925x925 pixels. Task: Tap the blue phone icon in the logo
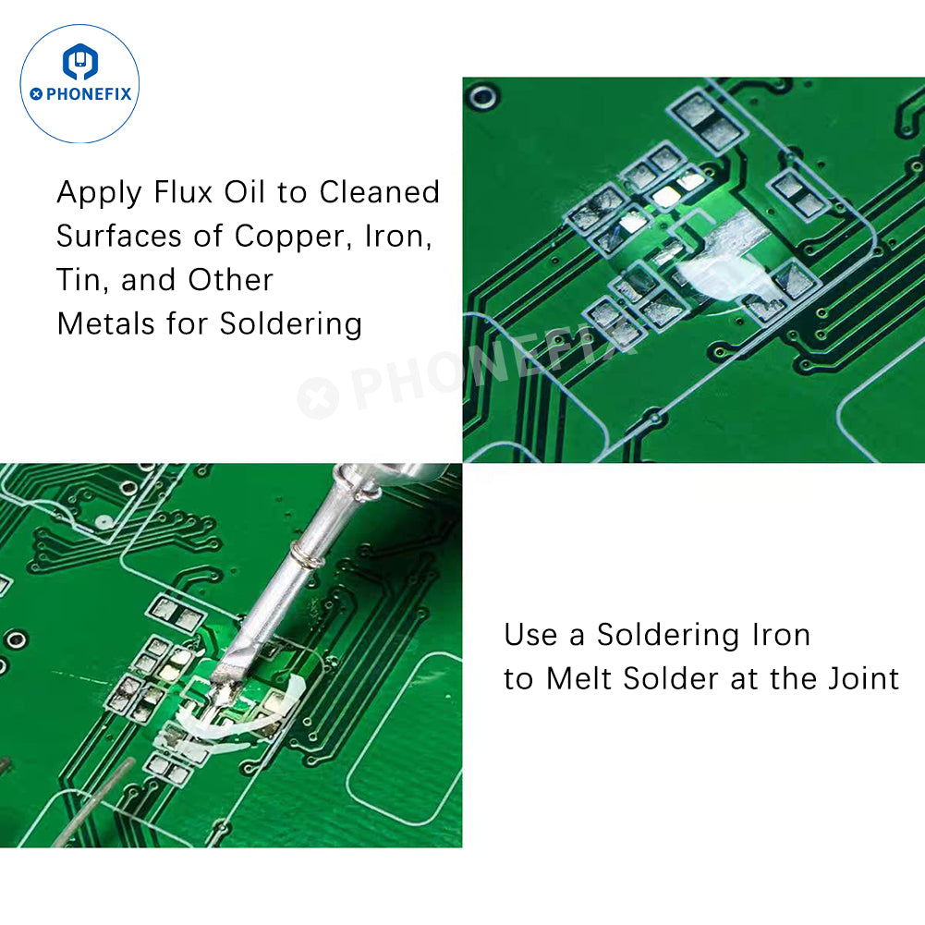point(80,61)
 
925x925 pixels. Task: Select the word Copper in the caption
point(294,237)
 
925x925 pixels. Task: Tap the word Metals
point(106,323)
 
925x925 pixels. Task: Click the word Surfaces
point(118,236)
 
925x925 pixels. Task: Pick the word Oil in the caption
point(244,192)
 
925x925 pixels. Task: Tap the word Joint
point(864,679)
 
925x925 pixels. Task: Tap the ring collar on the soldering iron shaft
point(307,557)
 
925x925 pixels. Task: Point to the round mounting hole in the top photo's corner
point(483,97)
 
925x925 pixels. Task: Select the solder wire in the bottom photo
point(94,802)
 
